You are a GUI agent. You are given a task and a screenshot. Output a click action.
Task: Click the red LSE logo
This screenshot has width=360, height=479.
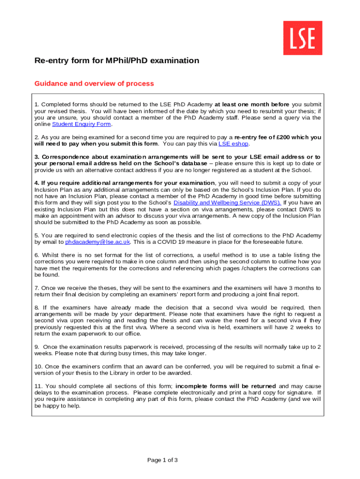coord(302,38)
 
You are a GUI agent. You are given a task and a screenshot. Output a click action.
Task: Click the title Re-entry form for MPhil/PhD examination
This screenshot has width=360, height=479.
coord(117,61)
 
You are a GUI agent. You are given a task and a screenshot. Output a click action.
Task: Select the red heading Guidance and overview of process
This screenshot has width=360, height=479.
coord(94,84)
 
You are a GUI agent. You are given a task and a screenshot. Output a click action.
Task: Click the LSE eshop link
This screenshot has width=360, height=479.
coord(230,144)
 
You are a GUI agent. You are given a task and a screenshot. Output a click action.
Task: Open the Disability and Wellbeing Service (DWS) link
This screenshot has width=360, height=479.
coord(227,203)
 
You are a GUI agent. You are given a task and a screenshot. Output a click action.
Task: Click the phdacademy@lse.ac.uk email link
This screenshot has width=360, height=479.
coord(98,242)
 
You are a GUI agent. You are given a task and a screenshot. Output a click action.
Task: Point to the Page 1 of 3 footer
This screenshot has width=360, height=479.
coord(163,460)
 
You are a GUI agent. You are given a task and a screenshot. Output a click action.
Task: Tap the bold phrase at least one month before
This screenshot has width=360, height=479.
coord(252,104)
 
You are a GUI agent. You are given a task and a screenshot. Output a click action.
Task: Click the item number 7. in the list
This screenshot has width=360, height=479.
coord(37,288)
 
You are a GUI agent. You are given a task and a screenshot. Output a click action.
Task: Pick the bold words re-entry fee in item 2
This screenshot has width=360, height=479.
coord(251,137)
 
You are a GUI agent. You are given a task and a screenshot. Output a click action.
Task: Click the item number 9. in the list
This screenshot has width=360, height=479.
coord(37,347)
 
